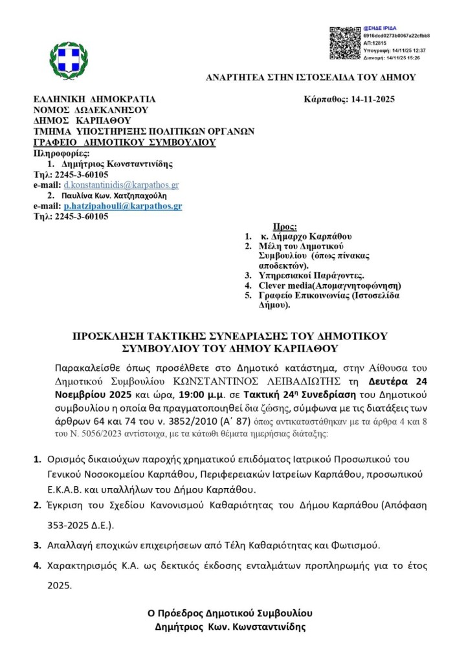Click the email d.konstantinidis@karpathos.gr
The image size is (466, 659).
[x=116, y=185]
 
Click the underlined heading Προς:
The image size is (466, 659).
[x=285, y=227]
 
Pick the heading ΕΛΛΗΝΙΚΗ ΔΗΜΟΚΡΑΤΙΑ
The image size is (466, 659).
[x=94, y=100]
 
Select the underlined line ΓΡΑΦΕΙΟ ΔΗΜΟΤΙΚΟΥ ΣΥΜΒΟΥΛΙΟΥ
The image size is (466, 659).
[x=124, y=142]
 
